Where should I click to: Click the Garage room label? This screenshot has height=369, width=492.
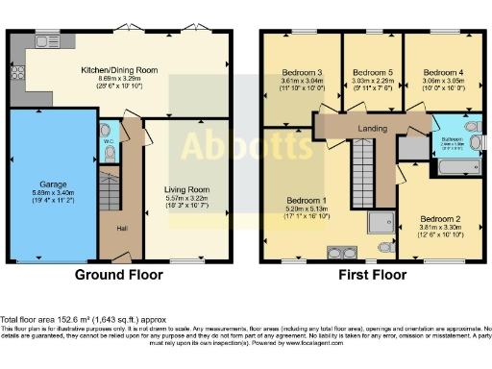coord(52,182)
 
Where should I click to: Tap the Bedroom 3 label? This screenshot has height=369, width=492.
coord(301,72)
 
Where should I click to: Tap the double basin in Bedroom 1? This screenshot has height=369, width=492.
coord(339,252)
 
